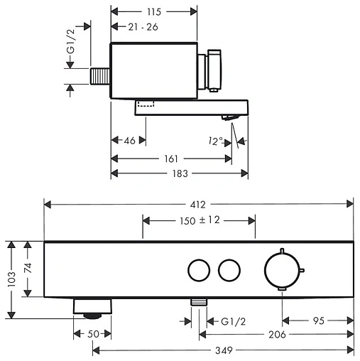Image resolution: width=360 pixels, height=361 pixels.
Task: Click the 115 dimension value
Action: (154, 11)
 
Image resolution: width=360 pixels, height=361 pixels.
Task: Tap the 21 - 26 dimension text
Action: (143, 27)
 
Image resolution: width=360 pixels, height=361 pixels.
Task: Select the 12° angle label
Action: (215, 141)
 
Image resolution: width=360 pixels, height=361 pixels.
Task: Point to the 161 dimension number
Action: (171, 158)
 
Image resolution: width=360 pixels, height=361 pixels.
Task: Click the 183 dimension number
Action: (180, 173)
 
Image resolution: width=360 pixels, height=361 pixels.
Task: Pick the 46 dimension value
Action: (129, 141)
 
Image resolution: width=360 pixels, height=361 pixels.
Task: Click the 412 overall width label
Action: (198, 205)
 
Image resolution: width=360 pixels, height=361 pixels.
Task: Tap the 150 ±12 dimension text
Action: (200, 220)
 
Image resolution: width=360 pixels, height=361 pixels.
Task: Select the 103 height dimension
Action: (11, 280)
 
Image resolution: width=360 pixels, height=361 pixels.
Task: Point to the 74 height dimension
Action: (28, 268)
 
